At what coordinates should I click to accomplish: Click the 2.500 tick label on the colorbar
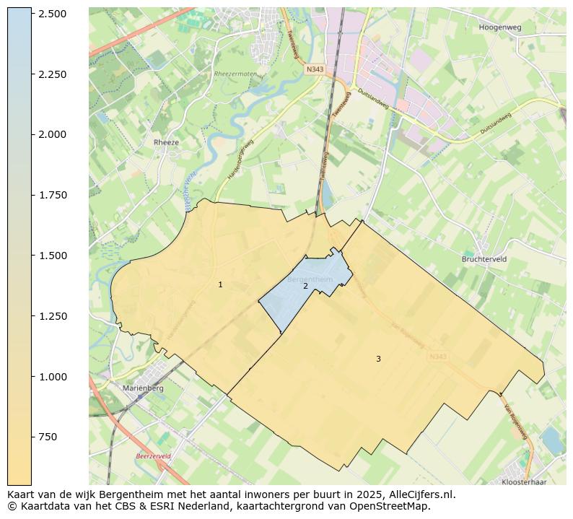[53, 14]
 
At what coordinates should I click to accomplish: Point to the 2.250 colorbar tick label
[53, 74]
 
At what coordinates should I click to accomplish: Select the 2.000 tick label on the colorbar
[53, 134]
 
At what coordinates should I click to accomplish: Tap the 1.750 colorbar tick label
[53, 195]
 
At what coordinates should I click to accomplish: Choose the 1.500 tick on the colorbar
[53, 256]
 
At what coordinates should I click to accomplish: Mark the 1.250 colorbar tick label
[53, 316]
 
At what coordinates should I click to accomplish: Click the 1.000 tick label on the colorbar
[53, 377]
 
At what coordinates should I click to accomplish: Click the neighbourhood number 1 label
[220, 285]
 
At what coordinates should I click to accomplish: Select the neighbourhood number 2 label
[305, 287]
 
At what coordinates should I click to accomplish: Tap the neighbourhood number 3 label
[378, 359]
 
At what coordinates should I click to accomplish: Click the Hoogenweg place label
[499, 27]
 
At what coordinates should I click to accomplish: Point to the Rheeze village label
[166, 142]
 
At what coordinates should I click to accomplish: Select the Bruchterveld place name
[485, 258]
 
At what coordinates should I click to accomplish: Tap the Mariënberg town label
[144, 388]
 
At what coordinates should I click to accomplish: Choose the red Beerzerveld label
[154, 456]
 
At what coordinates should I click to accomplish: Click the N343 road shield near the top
[314, 69]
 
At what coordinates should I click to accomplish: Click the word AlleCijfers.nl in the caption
[421, 494]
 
